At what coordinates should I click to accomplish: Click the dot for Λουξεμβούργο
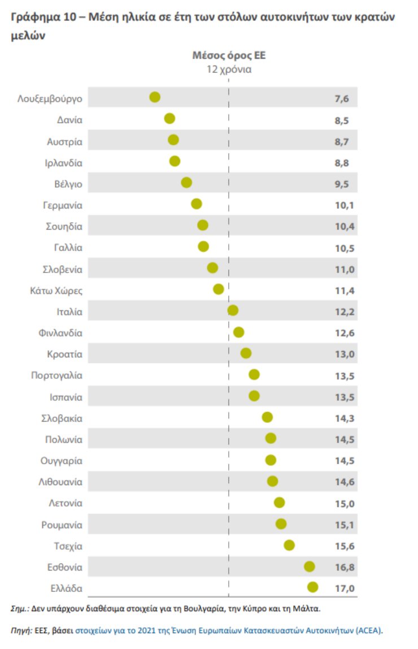(155, 97)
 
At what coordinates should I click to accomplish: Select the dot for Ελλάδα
(312, 587)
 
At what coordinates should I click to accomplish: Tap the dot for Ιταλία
(233, 310)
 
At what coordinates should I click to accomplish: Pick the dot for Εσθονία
(309, 566)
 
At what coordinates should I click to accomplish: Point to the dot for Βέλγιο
(186, 183)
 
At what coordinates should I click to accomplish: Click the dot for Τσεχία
(289, 545)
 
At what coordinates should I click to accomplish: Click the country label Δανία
(69, 119)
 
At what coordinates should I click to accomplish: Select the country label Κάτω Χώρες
(56, 291)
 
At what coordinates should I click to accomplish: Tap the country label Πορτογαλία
(56, 375)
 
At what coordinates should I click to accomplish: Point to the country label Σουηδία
(64, 226)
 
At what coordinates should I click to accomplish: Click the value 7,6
(342, 98)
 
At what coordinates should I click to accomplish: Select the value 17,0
(345, 589)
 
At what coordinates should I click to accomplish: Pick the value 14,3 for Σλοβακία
(345, 418)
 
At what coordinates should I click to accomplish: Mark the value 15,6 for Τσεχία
(345, 546)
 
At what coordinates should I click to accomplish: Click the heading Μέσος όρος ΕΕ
(229, 55)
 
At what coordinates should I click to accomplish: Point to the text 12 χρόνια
(229, 70)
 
